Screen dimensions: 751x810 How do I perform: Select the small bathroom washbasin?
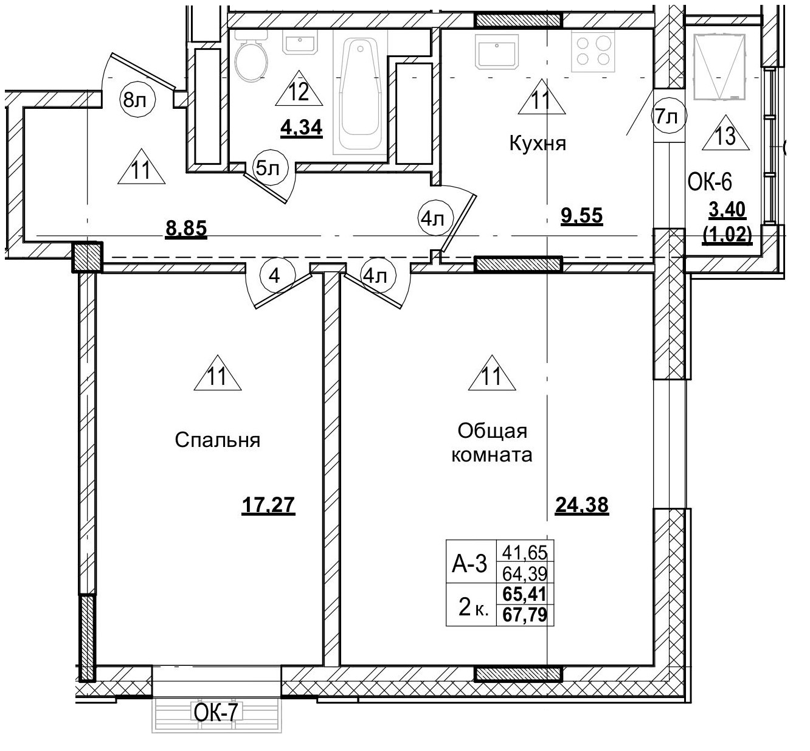pos(299,44)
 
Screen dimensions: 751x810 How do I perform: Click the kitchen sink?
pos(497,50)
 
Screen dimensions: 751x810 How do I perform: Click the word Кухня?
pos(538,144)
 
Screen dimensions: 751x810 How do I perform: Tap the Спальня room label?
pos(217,440)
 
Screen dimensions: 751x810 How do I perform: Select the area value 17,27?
pos(268,505)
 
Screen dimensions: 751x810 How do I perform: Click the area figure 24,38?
pos(582,505)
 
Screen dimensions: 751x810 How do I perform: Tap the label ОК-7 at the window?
pos(215,712)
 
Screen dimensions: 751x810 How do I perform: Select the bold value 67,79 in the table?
pos(525,615)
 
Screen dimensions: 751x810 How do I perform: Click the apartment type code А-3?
pos(469,564)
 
